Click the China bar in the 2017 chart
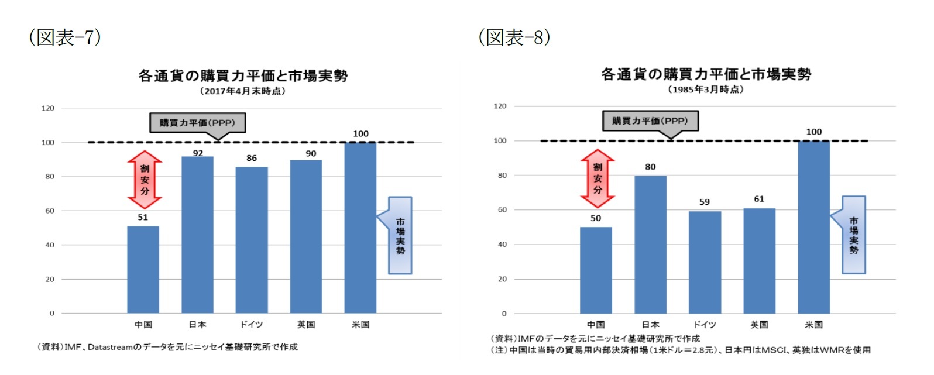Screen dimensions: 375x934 click(x=143, y=270)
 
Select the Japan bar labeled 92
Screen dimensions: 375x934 click(x=197, y=235)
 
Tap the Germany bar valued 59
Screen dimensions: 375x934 click(x=705, y=262)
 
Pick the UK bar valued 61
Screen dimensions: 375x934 click(x=759, y=261)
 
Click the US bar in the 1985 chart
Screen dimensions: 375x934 click(x=813, y=227)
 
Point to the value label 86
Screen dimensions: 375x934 click(x=252, y=158)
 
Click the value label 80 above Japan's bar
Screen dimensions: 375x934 click(x=650, y=167)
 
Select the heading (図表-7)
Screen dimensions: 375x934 click(x=65, y=37)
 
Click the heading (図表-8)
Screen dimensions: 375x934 click(x=514, y=37)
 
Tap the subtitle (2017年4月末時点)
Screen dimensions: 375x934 click(x=242, y=91)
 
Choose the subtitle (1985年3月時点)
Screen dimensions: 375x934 click(x=706, y=90)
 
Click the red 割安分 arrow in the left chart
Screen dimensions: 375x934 click(x=145, y=180)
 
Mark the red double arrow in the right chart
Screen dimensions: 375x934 click(x=598, y=178)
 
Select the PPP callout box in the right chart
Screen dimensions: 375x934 click(x=650, y=121)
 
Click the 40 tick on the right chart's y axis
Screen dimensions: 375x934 click(x=502, y=245)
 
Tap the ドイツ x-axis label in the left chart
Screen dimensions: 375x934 click(x=252, y=325)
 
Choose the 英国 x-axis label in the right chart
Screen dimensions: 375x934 click(x=759, y=325)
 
